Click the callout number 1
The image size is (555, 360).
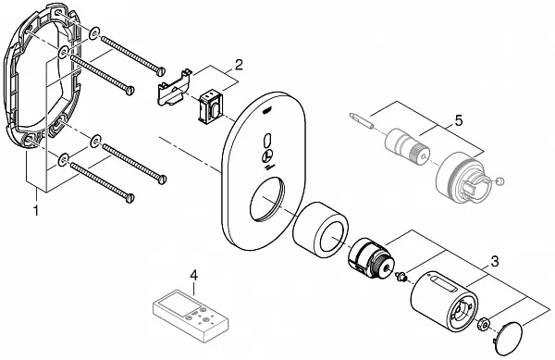[35, 210]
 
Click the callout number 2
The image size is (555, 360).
[239, 65]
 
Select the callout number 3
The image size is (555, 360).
[495, 262]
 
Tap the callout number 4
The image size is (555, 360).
[193, 275]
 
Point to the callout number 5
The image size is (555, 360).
[459, 120]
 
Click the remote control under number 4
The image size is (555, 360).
[191, 316]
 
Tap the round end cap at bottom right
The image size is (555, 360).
[508, 339]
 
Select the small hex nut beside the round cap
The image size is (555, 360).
[484, 324]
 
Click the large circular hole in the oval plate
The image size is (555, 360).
[266, 201]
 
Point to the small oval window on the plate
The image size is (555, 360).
[267, 141]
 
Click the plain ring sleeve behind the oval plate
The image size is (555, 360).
[321, 230]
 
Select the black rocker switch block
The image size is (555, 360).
[211, 107]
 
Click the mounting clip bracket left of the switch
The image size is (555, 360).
[174, 89]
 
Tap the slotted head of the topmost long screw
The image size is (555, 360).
[162, 70]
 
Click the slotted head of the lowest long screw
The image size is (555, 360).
[130, 198]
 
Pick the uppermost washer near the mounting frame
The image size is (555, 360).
[94, 33]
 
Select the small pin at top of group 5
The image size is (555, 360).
[361, 120]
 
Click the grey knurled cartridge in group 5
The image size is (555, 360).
[407, 147]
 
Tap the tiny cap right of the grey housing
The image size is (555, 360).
[499, 182]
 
